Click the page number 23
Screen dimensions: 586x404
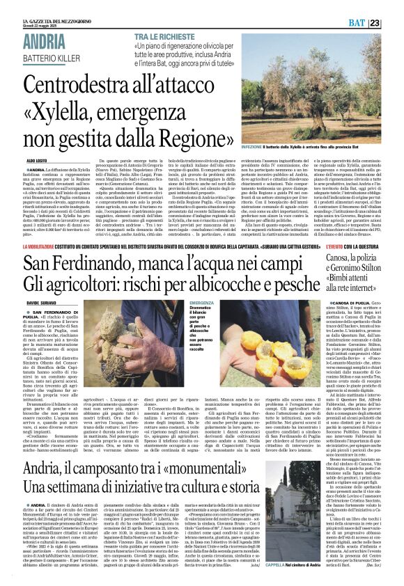[394, 24]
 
